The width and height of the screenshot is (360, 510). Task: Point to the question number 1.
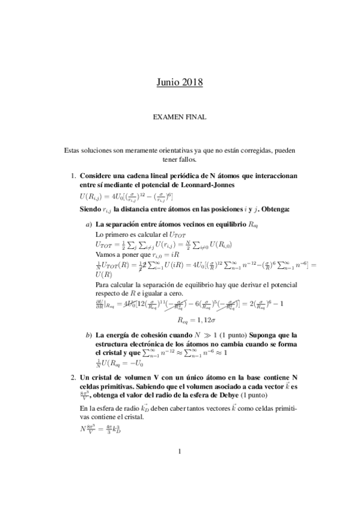(72, 176)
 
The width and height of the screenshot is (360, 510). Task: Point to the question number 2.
(72, 376)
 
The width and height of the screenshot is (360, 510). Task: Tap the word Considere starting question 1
(100, 176)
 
